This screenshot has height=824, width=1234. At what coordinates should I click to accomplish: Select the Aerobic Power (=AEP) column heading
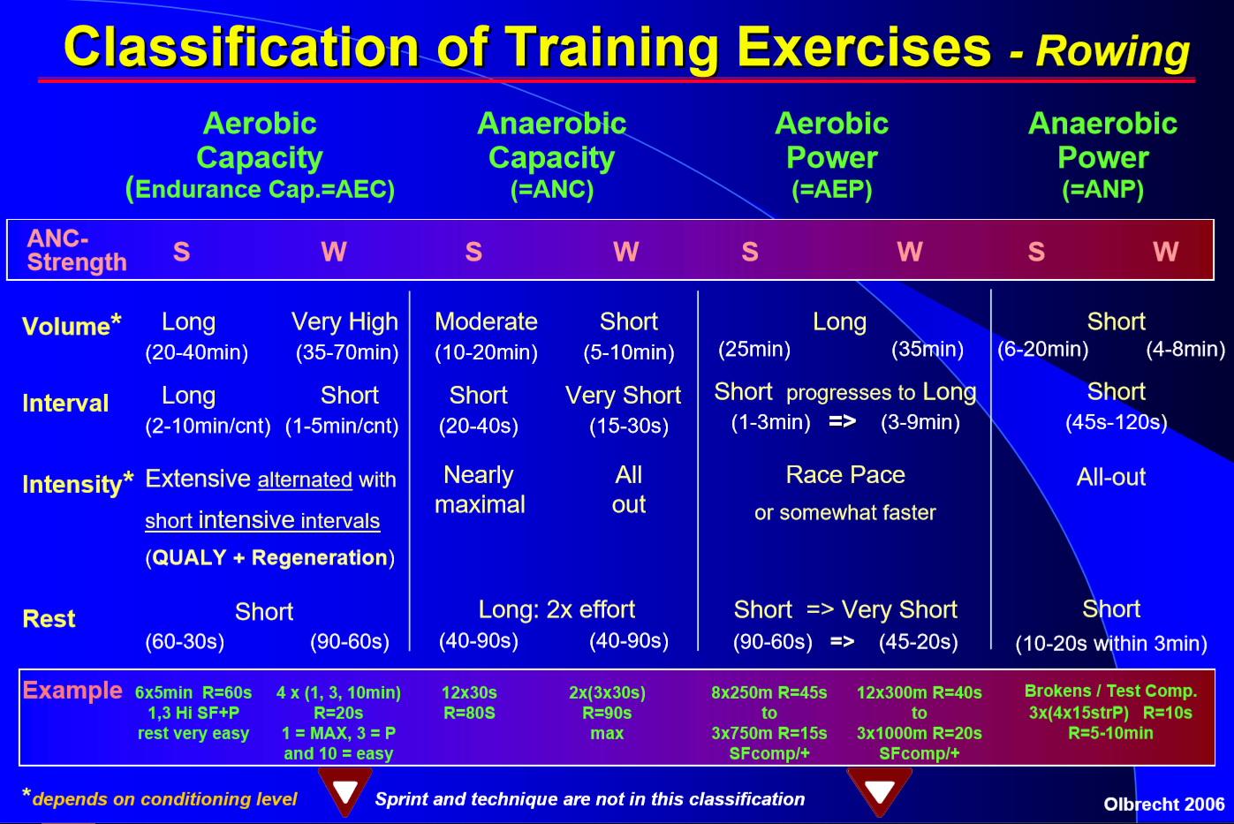pyautogui.click(x=832, y=156)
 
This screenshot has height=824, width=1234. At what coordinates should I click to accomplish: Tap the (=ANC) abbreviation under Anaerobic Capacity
pyautogui.click(x=552, y=190)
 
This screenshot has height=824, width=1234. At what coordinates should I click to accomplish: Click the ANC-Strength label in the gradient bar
pyautogui.click(x=77, y=250)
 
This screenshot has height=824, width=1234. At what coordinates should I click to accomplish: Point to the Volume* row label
pyautogui.click(x=71, y=326)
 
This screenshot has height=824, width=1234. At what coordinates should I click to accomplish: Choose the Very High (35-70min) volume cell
pyautogui.click(x=345, y=336)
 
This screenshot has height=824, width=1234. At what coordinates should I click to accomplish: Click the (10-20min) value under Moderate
pyautogui.click(x=487, y=352)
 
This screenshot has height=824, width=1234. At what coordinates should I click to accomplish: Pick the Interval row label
pyautogui.click(x=65, y=404)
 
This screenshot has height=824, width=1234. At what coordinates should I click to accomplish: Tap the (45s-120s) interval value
pyautogui.click(x=1117, y=422)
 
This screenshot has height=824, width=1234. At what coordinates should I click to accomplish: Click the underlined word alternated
pyautogui.click(x=305, y=480)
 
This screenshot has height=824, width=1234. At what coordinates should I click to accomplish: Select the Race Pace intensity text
pyautogui.click(x=845, y=475)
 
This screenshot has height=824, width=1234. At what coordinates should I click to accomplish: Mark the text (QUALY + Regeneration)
pyautogui.click(x=270, y=558)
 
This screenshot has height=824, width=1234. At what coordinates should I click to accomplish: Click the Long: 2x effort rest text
pyautogui.click(x=556, y=609)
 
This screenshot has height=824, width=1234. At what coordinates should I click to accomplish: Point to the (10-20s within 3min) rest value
pyautogui.click(x=1111, y=643)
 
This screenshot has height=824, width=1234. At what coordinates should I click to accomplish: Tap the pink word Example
pyautogui.click(x=72, y=690)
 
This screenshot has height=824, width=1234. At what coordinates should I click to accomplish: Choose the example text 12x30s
pyautogui.click(x=469, y=692)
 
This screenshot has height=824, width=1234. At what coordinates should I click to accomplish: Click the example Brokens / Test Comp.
pyautogui.click(x=1110, y=691)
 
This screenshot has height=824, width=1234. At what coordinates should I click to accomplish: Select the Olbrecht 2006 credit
pyautogui.click(x=1163, y=805)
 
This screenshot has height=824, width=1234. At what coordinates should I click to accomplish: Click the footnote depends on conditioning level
pyautogui.click(x=164, y=799)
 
